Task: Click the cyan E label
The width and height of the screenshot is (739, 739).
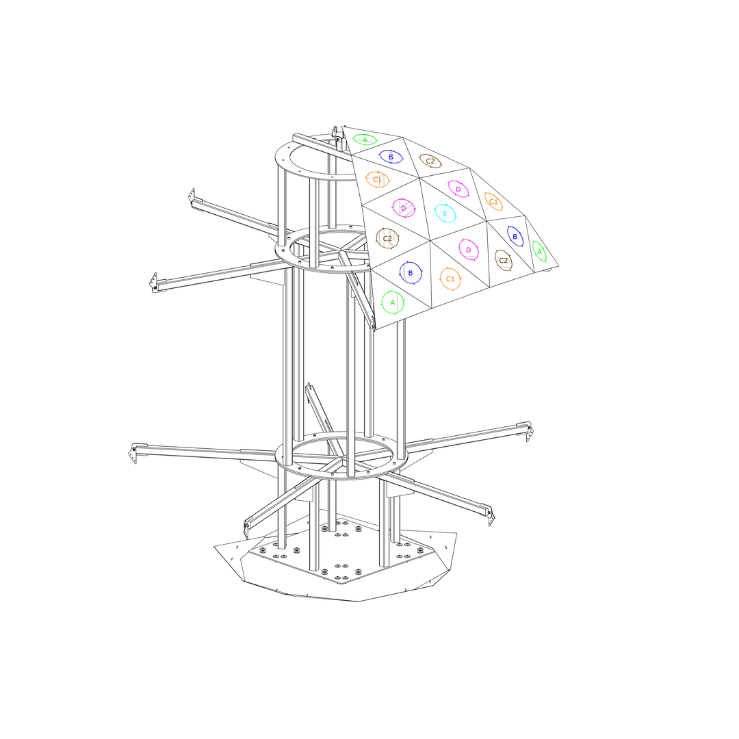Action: coord(445,213)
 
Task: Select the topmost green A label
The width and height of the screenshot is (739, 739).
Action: coord(365,140)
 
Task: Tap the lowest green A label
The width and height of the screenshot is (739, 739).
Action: coord(393,302)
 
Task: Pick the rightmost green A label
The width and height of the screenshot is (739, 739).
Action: coord(539,252)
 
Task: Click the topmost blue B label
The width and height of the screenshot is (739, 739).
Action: coord(390,157)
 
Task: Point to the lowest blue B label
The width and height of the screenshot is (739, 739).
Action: coord(410,273)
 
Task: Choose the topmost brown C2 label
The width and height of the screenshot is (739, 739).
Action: coord(430,161)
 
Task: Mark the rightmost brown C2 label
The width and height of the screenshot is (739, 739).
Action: coord(504,260)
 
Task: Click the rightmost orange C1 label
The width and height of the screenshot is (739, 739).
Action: coord(493,202)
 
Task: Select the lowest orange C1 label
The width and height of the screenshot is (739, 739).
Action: coord(450,279)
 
